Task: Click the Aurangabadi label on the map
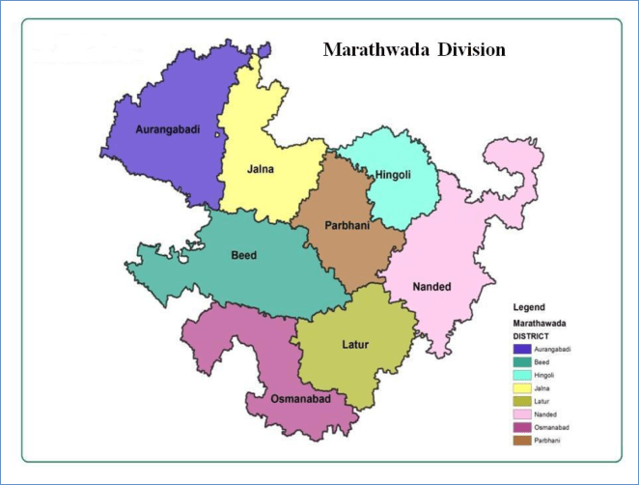point(168,129)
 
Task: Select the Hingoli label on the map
point(393,174)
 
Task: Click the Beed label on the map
point(243,256)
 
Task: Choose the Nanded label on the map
point(430,287)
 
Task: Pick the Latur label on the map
point(355,343)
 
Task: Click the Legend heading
point(529,307)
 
